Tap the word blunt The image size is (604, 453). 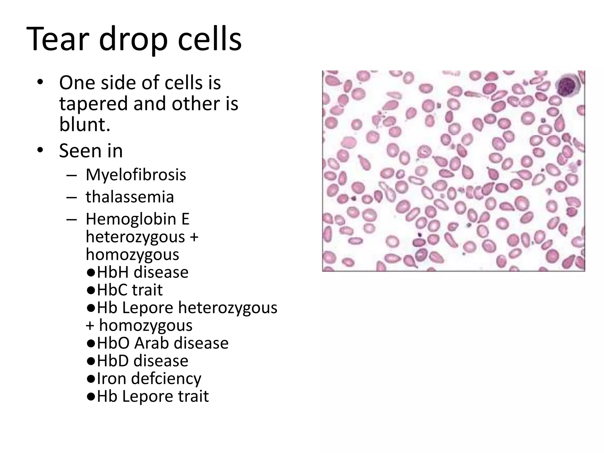click(84, 124)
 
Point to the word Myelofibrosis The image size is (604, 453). click(136, 175)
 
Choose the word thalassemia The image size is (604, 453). click(130, 197)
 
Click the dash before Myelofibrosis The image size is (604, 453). click(71, 175)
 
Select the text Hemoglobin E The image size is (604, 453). click(137, 219)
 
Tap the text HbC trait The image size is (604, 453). click(130, 290)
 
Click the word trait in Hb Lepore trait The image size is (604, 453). click(193, 396)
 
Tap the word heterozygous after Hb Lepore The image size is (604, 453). click(227, 307)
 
